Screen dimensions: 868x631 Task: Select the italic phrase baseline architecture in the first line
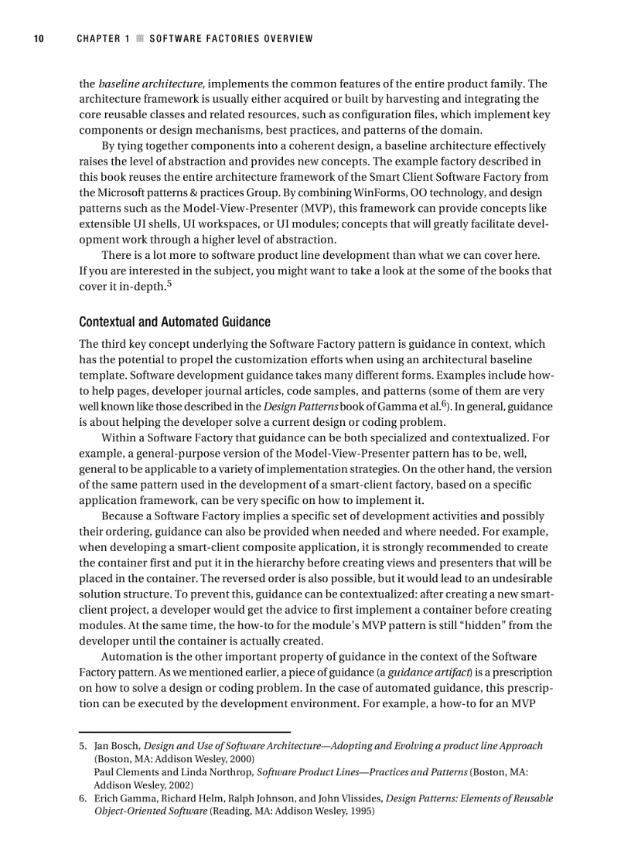(151, 84)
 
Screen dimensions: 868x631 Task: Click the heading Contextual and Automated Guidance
(175, 322)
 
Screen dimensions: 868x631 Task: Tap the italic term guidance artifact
(425, 673)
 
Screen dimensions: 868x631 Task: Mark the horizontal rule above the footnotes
(185, 731)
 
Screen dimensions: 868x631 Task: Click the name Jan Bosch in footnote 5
(118, 747)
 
